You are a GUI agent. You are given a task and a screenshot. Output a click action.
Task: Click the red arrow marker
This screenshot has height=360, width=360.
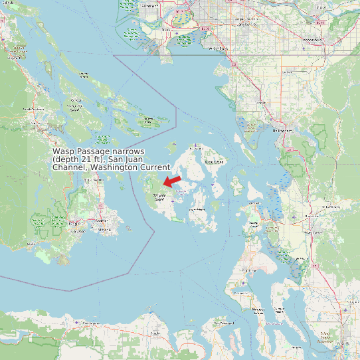[x=172, y=181]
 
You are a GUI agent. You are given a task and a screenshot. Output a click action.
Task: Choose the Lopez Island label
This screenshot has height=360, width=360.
[x=198, y=210]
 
